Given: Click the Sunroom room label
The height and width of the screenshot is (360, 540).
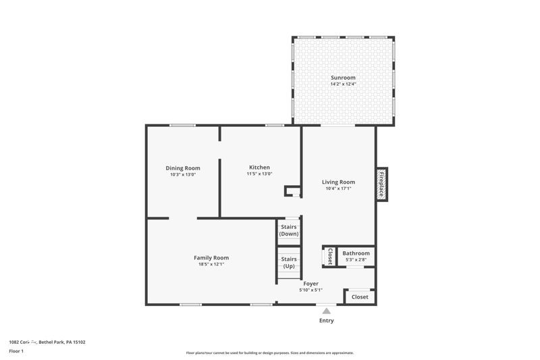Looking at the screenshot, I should [x=343, y=78].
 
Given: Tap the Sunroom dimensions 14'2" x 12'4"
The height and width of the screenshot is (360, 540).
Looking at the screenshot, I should [x=343, y=84].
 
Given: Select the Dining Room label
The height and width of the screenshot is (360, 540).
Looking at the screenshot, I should [x=183, y=168].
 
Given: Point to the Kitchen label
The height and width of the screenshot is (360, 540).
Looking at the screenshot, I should [x=259, y=168].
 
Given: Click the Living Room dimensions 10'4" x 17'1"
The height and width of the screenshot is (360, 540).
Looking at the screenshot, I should [x=338, y=188].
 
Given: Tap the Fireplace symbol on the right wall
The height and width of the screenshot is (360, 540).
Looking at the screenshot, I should [x=381, y=184].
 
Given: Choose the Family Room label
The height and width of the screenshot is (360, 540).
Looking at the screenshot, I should [x=211, y=257].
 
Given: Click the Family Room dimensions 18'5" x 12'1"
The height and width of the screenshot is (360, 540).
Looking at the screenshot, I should [x=211, y=264].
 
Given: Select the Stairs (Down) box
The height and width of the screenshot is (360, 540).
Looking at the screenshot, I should [x=289, y=230].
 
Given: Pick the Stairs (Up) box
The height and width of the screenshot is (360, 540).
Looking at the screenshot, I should [x=289, y=263].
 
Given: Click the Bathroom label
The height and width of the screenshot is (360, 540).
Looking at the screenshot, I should [x=356, y=253].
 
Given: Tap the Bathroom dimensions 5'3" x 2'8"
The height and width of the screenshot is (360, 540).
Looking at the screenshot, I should [x=356, y=260].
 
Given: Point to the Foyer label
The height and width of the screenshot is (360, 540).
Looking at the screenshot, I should [x=310, y=284].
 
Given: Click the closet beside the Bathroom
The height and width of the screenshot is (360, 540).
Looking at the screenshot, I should [x=329, y=257].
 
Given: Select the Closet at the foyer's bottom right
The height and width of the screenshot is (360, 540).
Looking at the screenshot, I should [x=360, y=297].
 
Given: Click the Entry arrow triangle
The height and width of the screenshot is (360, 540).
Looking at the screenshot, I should [x=326, y=311].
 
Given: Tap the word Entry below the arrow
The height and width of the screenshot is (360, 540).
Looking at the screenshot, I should [x=326, y=320].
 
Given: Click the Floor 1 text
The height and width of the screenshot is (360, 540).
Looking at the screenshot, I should [x=16, y=351].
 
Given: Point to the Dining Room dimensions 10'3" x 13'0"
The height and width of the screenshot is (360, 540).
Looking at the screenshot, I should [x=183, y=175].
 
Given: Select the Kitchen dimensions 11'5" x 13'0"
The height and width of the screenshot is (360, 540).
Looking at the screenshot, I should [x=259, y=174].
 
